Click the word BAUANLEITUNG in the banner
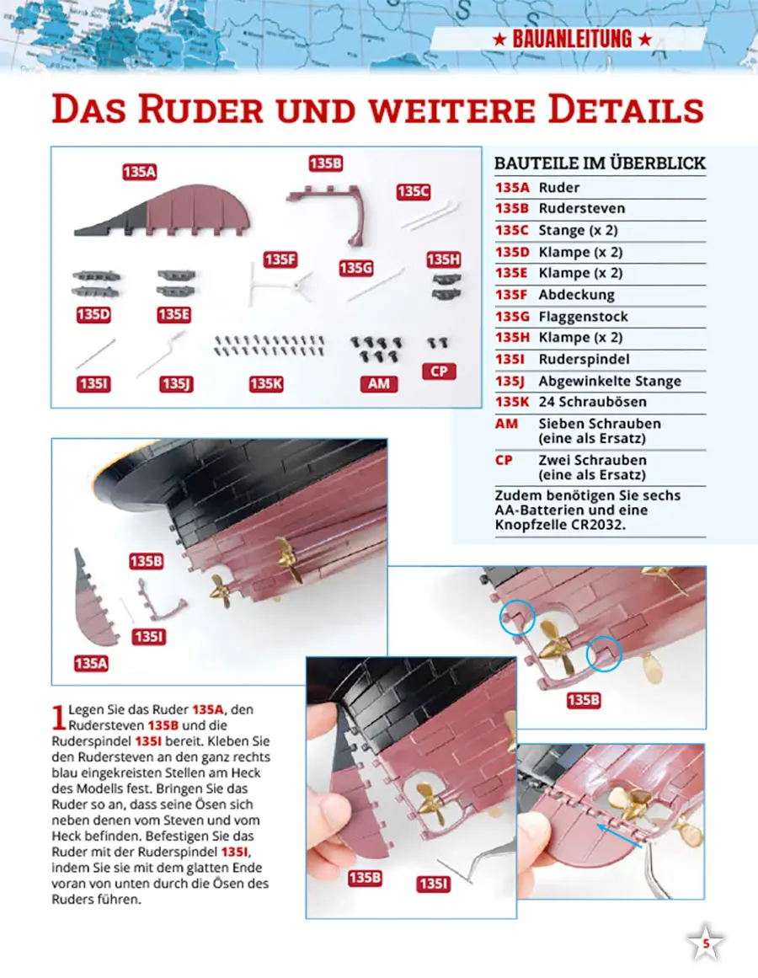[572, 40]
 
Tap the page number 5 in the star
[706, 943]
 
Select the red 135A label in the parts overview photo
[139, 172]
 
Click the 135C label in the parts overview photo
[414, 191]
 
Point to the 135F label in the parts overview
[280, 259]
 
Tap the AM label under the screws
[378, 383]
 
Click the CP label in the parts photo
[439, 371]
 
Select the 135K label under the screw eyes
[266, 383]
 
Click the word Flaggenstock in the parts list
[583, 316]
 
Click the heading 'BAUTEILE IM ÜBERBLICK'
[600, 163]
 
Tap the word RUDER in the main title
[200, 109]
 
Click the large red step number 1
[59, 717]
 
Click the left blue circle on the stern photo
[517, 617]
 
